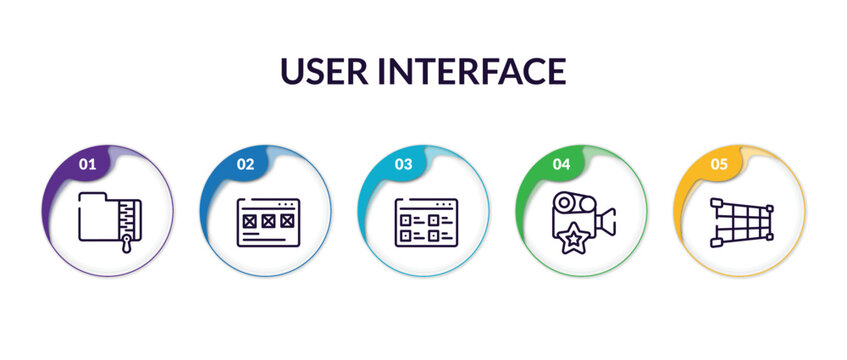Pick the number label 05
718,164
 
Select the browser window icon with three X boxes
267,222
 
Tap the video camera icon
583,221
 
